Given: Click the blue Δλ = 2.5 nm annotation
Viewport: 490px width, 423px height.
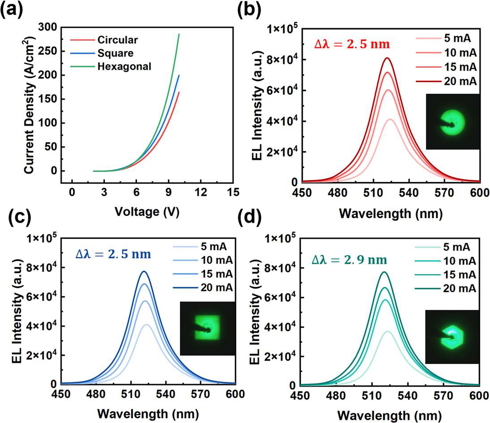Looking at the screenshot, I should click(113, 254).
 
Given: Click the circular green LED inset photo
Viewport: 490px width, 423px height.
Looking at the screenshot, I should click(452, 122).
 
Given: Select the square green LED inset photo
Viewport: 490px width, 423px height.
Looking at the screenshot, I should click(207, 329).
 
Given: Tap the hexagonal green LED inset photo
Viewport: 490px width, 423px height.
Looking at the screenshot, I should click(452, 336).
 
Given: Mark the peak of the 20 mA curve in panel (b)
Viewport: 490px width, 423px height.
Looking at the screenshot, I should click(387, 58).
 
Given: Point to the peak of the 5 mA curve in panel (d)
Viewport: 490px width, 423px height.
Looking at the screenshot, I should click(387, 331).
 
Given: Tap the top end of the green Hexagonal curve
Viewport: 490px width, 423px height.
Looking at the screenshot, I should click(179, 34).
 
